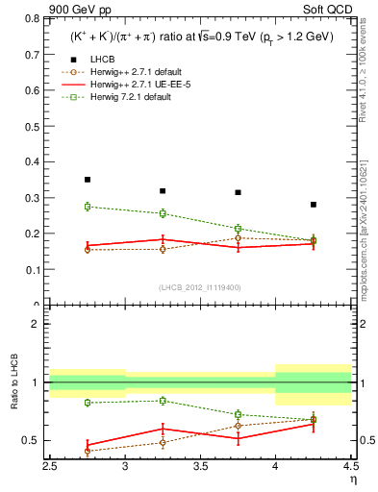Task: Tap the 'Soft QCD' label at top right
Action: click(326, 11)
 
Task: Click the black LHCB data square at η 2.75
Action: click(88, 180)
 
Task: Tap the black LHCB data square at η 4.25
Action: click(314, 205)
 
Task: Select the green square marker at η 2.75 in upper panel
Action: click(88, 207)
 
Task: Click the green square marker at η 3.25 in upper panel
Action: click(163, 213)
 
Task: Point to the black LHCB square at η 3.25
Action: click(163, 191)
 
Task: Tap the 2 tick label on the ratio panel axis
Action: click(38, 324)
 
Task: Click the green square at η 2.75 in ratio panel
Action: click(88, 403)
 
